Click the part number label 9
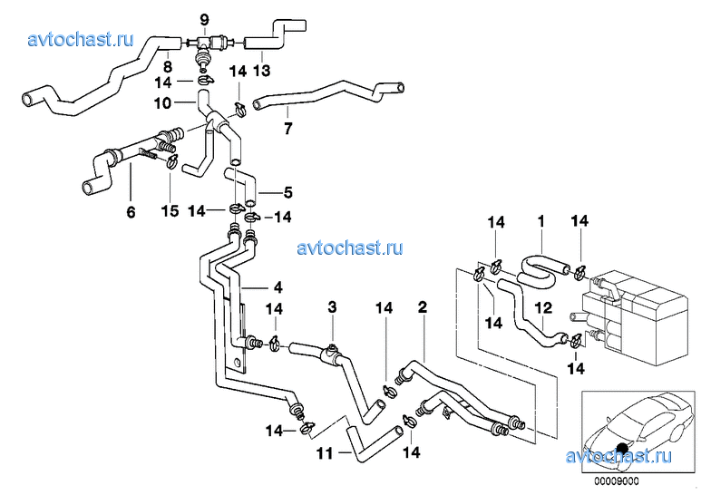pyautogui.click(x=203, y=19)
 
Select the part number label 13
pyautogui.click(x=261, y=70)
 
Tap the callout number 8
pyautogui.click(x=168, y=66)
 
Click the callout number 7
pyautogui.click(x=287, y=128)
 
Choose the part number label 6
pyautogui.click(x=130, y=213)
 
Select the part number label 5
pyautogui.click(x=288, y=192)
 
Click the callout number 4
pyautogui.click(x=278, y=287)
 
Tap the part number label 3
pyautogui.click(x=332, y=308)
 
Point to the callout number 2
pyautogui.click(x=422, y=308)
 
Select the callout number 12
pyautogui.click(x=543, y=307)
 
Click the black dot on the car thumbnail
pyautogui.click(x=622, y=446)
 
